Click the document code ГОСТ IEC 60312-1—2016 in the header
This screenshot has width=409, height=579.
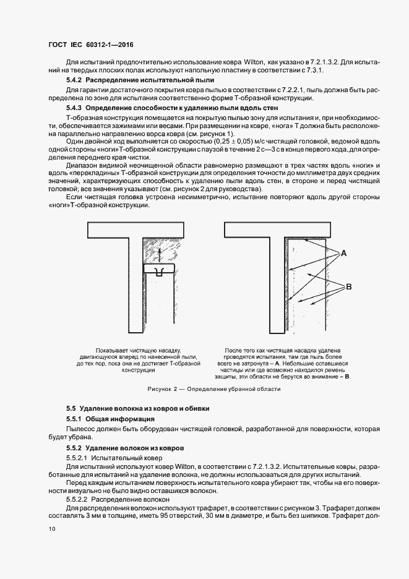(91, 45)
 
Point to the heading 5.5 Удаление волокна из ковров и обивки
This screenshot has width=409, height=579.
(138, 408)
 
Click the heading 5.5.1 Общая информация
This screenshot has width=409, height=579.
(110, 419)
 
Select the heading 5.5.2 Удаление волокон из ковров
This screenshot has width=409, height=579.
(124, 447)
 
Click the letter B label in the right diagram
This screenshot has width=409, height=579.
(348, 286)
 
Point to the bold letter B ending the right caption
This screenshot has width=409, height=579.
(347, 376)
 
